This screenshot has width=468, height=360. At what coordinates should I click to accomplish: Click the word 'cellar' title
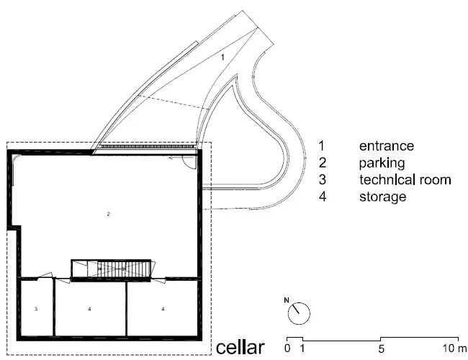[240, 348]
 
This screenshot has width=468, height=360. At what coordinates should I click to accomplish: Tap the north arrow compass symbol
[299, 313]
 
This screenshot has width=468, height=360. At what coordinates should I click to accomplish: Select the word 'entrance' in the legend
[387, 146]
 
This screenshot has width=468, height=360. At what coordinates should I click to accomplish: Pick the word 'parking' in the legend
[382, 163]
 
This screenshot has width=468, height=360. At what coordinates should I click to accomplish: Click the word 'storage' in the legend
[382, 197]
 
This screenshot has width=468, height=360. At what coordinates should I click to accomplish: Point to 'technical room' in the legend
[405, 180]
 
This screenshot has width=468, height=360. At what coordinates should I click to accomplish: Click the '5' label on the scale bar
[381, 348]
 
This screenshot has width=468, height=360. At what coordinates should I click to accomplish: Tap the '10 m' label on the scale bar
[454, 348]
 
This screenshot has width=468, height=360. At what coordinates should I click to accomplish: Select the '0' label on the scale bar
[287, 348]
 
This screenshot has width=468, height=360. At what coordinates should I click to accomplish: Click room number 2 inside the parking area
[108, 214]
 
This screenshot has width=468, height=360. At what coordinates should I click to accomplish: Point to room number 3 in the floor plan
[36, 309]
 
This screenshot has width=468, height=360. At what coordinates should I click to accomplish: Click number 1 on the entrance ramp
[222, 57]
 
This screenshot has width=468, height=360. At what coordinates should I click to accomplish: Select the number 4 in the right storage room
[163, 309]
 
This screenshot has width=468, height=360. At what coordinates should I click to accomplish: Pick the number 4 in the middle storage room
[89, 309]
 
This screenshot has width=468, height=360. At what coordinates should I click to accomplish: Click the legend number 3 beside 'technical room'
[322, 180]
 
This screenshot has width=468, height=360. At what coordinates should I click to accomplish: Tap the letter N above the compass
[287, 300]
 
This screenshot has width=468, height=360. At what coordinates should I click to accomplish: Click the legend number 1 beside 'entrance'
[321, 146]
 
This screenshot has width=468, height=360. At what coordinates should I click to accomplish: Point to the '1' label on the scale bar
[302, 348]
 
